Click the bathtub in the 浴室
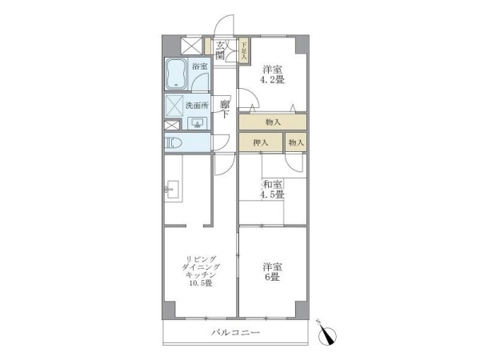(x=176, y=74)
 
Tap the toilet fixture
(x=174, y=143)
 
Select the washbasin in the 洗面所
(x=197, y=123)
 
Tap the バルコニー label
(x=235, y=332)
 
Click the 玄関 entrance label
(x=220, y=50)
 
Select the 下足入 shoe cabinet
(x=244, y=50)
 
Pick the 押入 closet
(x=261, y=142)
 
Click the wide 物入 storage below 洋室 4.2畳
(x=273, y=122)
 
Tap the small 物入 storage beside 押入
(x=296, y=142)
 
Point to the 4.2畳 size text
(x=272, y=80)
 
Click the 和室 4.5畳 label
(x=272, y=189)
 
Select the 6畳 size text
(x=272, y=277)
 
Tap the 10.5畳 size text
(x=201, y=283)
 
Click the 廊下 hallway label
(x=225, y=110)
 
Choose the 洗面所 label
(x=197, y=106)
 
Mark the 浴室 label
(x=199, y=66)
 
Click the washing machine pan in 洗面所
(x=174, y=106)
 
